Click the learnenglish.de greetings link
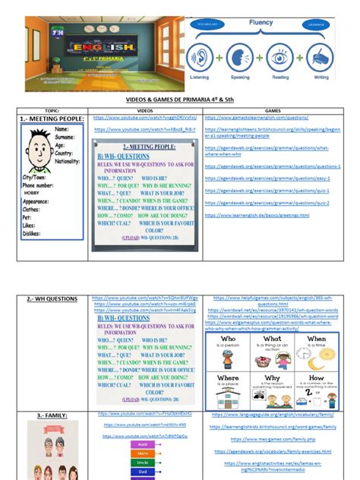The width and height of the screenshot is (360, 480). coord(257,216)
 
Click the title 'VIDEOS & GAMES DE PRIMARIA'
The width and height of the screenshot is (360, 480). coord(180,98)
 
